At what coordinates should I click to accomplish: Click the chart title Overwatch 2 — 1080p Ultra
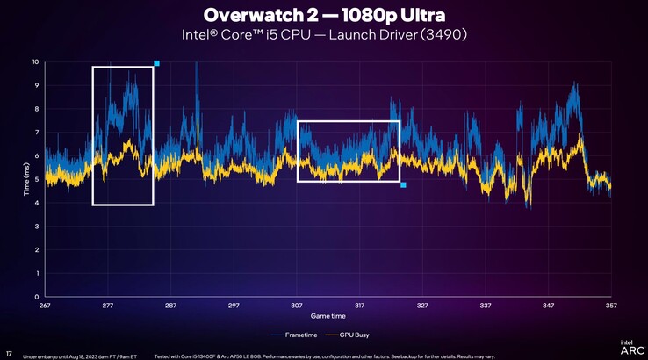tap(322, 15)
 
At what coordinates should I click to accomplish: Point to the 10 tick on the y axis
tap(35, 62)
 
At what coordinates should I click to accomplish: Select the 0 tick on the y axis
tap(36, 297)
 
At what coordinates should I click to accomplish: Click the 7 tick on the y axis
tap(36, 133)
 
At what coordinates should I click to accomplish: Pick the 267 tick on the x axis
tap(45, 306)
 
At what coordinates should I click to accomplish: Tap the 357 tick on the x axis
tap(611, 306)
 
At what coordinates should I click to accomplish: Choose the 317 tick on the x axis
tap(359, 306)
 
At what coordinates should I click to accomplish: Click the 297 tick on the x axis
tap(234, 306)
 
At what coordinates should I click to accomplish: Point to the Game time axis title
tap(328, 315)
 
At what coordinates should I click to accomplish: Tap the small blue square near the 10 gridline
tap(156, 63)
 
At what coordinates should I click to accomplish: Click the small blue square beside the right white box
tap(403, 185)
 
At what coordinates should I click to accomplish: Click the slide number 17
tap(9, 355)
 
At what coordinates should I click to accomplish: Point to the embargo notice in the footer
tap(79, 356)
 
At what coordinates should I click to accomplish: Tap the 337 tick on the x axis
tap(486, 306)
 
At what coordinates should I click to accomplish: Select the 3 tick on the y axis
tap(36, 227)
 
